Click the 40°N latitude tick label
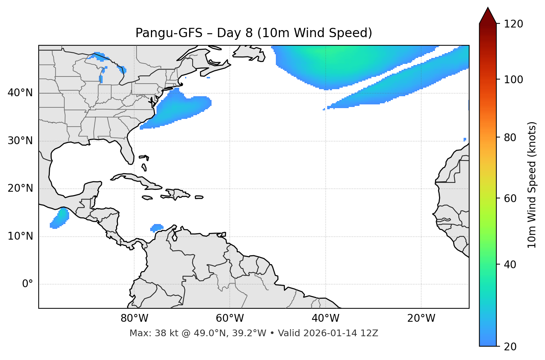point(20,93)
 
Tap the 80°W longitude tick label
point(134,318)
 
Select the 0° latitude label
point(28,284)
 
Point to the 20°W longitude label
point(421,318)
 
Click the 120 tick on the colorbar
point(513,24)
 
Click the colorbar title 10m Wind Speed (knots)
point(532,185)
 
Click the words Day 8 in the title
point(235,33)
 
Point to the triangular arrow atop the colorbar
point(488,16)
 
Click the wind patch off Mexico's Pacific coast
point(60,218)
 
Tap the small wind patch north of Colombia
point(157,227)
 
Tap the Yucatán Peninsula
point(91,189)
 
